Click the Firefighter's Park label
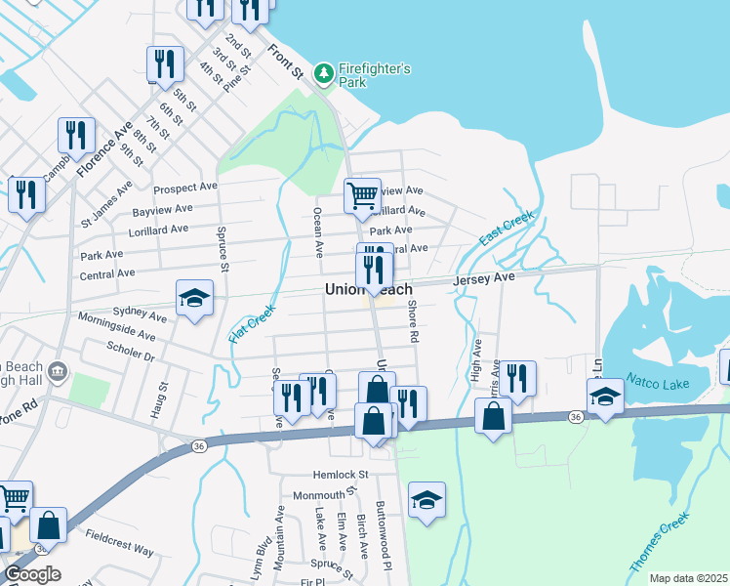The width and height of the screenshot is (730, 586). [374, 75]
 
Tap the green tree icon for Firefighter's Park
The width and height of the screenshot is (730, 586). [324, 72]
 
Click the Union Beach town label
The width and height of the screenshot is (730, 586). [368, 290]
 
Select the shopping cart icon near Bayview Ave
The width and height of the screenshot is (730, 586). [362, 195]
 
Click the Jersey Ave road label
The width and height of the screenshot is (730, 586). [482, 279]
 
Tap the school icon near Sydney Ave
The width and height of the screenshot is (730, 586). [194, 298]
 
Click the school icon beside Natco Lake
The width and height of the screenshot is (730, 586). [605, 397]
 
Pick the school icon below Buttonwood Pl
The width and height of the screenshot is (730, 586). [426, 500]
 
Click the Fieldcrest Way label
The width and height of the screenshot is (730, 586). [119, 543]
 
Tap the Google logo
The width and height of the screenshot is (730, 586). [32, 574]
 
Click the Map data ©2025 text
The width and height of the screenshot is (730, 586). [687, 578]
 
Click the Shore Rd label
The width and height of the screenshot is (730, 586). [414, 321]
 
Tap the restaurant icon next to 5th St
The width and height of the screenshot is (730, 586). [165, 64]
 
